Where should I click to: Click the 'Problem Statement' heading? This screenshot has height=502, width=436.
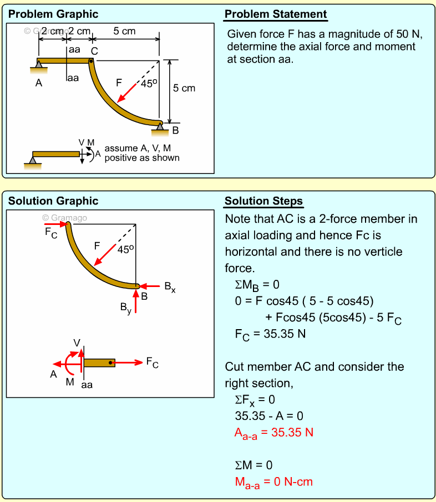276,14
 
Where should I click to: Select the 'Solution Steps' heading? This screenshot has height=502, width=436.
263,201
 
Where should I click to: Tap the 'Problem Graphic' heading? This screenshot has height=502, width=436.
53,14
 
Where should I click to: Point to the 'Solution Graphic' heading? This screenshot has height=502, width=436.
53,201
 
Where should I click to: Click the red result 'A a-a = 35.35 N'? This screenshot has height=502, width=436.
274,433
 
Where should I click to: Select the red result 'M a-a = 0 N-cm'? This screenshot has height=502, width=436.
273,482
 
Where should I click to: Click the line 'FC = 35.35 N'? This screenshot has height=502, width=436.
271,334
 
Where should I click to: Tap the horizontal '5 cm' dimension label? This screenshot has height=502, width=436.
124,31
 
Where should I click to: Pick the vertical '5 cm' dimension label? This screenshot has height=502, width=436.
184,88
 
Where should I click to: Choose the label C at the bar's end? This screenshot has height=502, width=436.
94,51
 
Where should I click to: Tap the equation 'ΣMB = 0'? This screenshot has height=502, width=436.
257,285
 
